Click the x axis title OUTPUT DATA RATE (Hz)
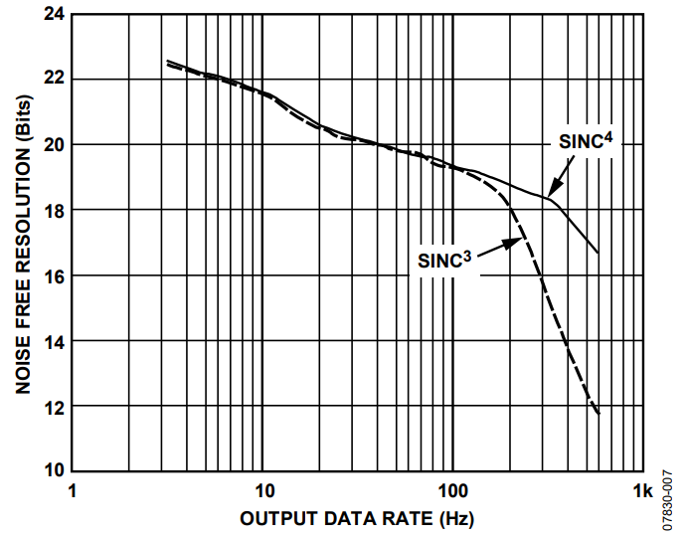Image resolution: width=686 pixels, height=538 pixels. [356, 519]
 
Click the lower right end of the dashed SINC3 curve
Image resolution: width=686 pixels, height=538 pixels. [599, 414]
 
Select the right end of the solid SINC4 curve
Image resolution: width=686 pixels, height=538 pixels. [599, 253]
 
